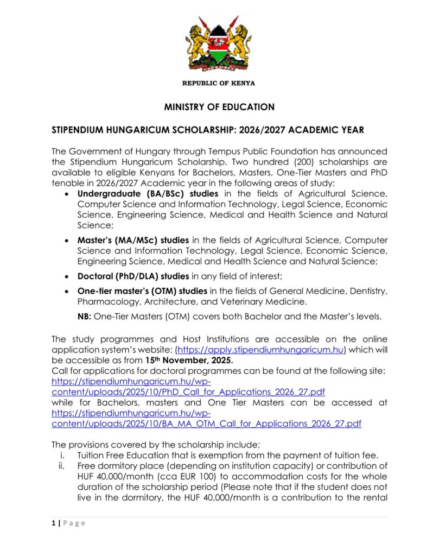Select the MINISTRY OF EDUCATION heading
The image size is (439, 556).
219,107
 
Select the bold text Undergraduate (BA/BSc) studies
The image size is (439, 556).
148,194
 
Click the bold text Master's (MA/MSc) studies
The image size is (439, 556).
133,239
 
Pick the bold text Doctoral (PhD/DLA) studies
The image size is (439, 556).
133,276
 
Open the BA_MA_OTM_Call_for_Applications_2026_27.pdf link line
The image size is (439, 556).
206,423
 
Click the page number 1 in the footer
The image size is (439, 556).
53,523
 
